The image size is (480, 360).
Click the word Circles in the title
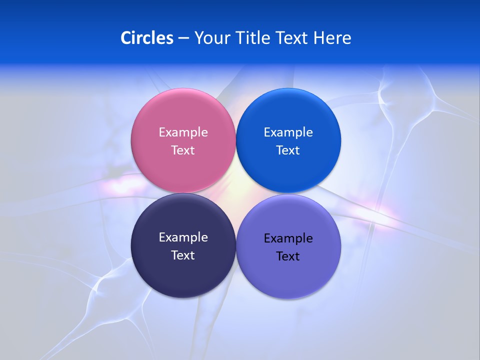point(147,38)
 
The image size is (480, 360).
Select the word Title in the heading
point(253,38)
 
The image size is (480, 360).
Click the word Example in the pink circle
point(183,132)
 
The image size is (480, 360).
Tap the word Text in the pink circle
point(183,150)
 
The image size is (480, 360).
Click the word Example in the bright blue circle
point(288,132)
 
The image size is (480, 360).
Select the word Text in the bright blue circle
point(288,150)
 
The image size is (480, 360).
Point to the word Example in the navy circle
point(183,237)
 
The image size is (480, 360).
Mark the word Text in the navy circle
point(183,255)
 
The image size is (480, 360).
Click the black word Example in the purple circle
point(288,238)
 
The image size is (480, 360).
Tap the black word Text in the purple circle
point(288,256)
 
